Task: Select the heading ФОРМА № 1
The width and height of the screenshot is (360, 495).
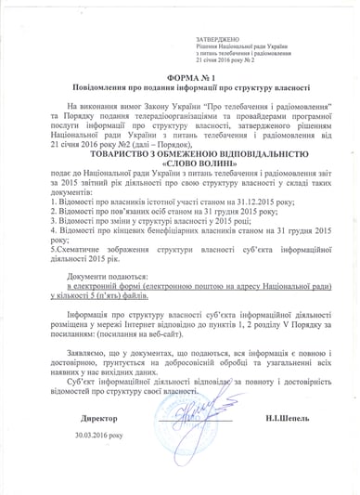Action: click(x=179, y=79)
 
